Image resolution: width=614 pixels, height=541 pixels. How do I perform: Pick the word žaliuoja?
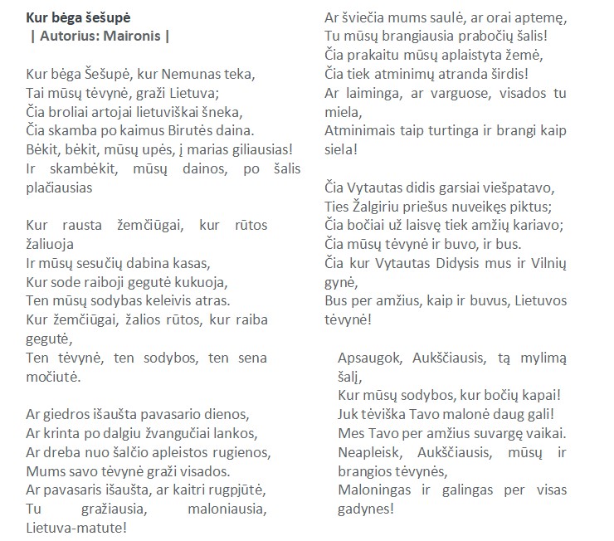point(51,244)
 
